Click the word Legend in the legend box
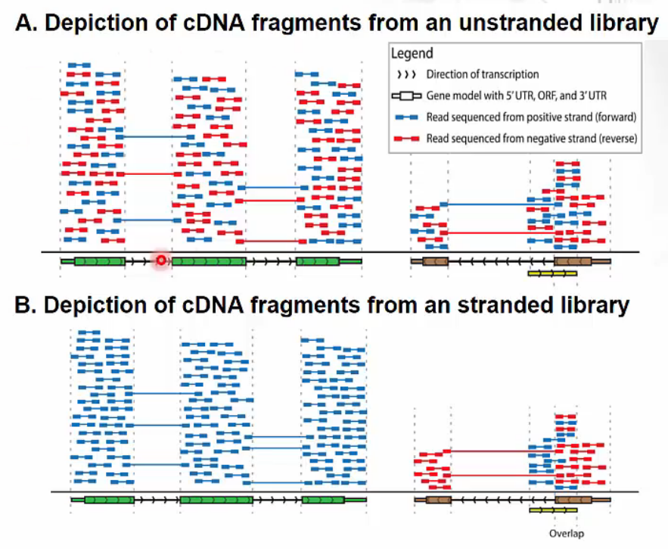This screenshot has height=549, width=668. coord(412,54)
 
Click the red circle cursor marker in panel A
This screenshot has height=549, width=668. coord(160,260)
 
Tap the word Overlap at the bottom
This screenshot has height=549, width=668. coord(567,533)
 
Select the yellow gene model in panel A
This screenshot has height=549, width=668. coord(552,273)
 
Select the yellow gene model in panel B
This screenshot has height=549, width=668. coord(552,510)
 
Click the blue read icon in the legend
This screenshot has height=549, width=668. coord(406,117)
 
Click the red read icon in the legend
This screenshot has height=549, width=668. coord(406,139)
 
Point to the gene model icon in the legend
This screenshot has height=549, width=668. coord(406,96)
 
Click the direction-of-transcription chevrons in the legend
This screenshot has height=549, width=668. coord(406,75)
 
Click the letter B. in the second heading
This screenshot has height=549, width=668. coord(26,305)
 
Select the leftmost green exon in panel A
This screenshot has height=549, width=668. coord(99,261)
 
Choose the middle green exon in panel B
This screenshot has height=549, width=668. coord(216,500)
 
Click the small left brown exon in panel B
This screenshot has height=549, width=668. coord(438,500)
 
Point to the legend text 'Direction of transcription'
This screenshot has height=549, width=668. coord(483,75)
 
